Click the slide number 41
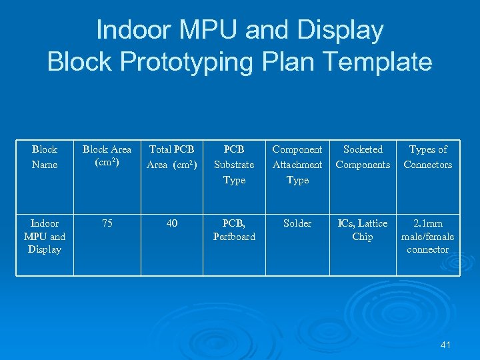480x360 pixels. point(446,345)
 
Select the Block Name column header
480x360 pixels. point(45,157)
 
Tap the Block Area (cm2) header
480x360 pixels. point(107,157)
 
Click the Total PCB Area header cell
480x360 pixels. point(172,157)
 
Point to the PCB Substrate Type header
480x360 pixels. point(234,165)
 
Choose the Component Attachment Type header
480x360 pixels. point(297,165)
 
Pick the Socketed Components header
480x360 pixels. point(363,157)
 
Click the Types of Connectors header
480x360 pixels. point(428,157)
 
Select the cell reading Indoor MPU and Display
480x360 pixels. point(45,236)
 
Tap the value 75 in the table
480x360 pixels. point(107,224)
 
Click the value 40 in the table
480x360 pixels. point(172,224)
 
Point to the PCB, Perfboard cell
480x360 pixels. point(234,230)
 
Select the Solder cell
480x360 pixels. point(297,224)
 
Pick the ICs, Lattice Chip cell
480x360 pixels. point(363,230)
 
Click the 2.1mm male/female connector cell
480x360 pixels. point(428,236)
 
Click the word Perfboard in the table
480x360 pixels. point(234,237)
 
